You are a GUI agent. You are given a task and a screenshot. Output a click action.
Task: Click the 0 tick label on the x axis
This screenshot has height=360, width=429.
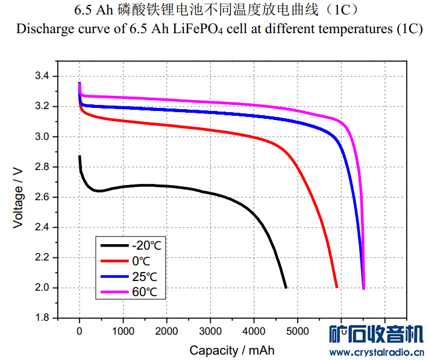coord(80,331)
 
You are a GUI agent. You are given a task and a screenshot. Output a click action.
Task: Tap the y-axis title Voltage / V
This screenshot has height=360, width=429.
coord(19,197)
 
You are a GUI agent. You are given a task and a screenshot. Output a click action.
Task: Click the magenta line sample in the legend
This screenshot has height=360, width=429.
coord(114,292)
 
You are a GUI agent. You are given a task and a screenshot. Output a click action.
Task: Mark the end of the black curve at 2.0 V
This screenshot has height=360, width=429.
coord(286,287)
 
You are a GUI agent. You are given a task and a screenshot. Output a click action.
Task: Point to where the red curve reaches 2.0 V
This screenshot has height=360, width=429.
coord(337,287)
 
